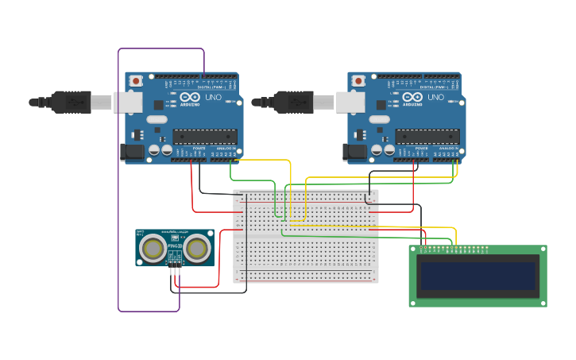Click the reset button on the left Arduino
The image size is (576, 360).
tap(137, 80)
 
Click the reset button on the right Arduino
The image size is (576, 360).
tap(359, 80)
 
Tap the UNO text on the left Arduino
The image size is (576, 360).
tap(213, 98)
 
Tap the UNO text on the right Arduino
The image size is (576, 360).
tap(435, 98)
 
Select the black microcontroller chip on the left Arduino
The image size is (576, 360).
tap(204, 136)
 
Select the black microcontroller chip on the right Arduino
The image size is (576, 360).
tap(427, 136)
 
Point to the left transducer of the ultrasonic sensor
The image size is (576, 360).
tap(153, 250)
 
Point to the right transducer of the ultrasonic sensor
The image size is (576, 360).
tap(197, 250)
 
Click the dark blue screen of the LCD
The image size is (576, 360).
tap(478, 276)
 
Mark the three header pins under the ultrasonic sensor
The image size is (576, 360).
tap(175, 271)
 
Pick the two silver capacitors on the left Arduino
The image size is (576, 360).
tap(160, 149)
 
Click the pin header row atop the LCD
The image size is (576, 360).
tap(453, 249)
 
